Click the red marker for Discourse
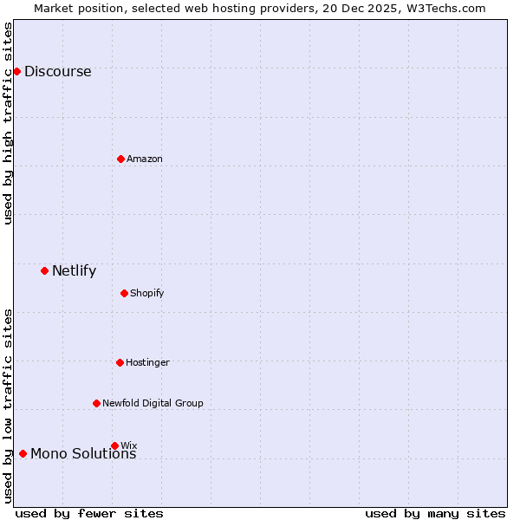(x=16, y=71)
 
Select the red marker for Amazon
(x=120, y=159)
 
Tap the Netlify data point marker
(x=44, y=270)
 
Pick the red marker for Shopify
(x=124, y=293)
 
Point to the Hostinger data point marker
(x=120, y=362)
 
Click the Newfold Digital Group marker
(x=96, y=403)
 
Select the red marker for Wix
(x=114, y=445)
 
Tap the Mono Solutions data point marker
(x=23, y=453)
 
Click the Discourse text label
(x=57, y=72)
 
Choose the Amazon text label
(x=145, y=159)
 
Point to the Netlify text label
(x=74, y=271)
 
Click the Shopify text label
(x=147, y=293)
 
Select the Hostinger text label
(x=147, y=362)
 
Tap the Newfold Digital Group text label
(x=153, y=403)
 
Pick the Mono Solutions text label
(x=83, y=454)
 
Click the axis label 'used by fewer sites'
(x=89, y=513)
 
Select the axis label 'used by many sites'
(x=434, y=513)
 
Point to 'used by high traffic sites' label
(x=8, y=123)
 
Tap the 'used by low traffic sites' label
(x=8, y=405)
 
